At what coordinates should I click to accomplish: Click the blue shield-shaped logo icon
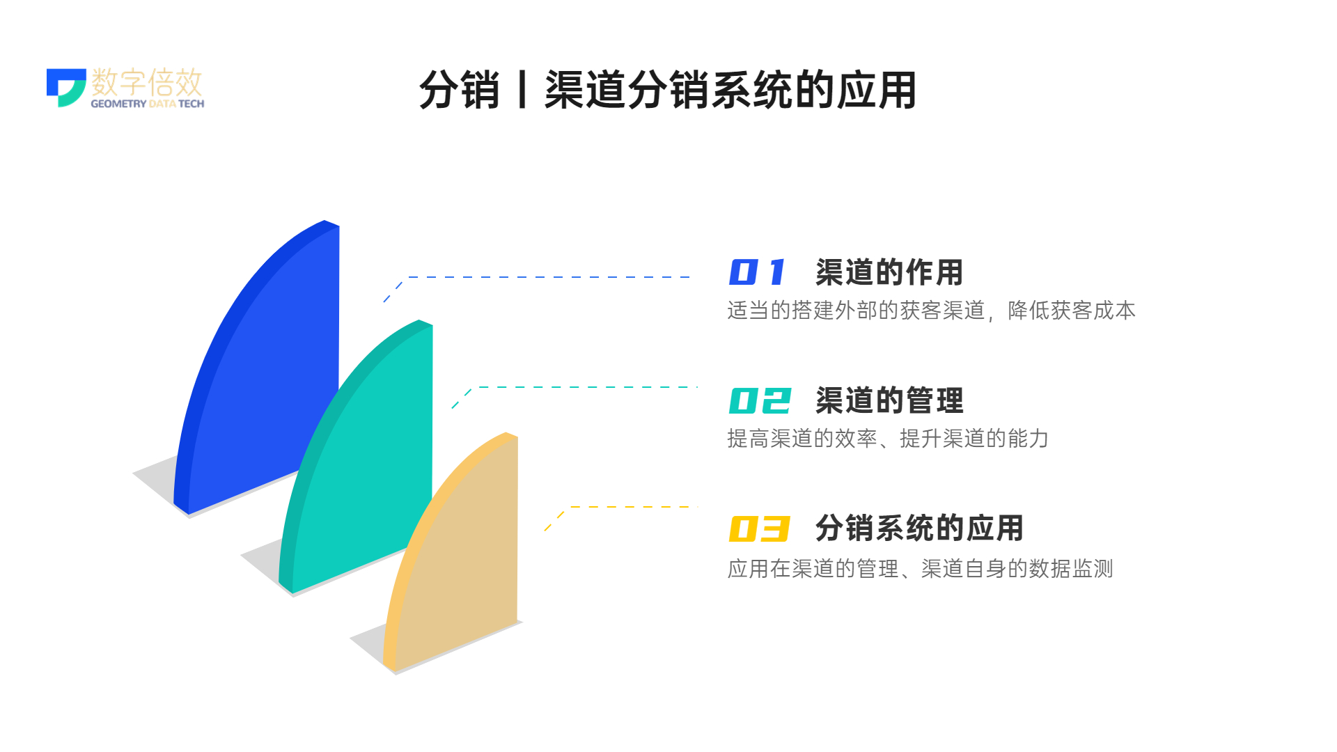pos(66,87)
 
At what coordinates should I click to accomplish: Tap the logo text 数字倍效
pos(147,82)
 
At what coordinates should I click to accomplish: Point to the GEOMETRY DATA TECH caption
pos(148,104)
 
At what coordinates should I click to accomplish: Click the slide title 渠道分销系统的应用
pos(730,90)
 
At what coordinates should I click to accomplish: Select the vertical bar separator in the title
pos(522,90)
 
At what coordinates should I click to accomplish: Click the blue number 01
pos(757,272)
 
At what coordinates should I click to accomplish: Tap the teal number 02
pos(760,400)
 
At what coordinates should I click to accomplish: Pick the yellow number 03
pos(759,528)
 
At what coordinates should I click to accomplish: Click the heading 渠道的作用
pos(889,272)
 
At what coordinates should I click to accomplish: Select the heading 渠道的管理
pos(889,400)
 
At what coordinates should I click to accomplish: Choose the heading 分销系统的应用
pos(919,528)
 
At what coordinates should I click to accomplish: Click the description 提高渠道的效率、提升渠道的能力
pos(888,439)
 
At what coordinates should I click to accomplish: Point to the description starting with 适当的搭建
pos(931,311)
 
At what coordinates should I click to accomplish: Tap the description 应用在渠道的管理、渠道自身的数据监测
pos(920,569)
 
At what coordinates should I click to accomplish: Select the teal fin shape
pos(362,460)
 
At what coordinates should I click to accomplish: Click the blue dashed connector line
pos(536,277)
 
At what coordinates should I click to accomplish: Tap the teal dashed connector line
pos(575,387)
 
